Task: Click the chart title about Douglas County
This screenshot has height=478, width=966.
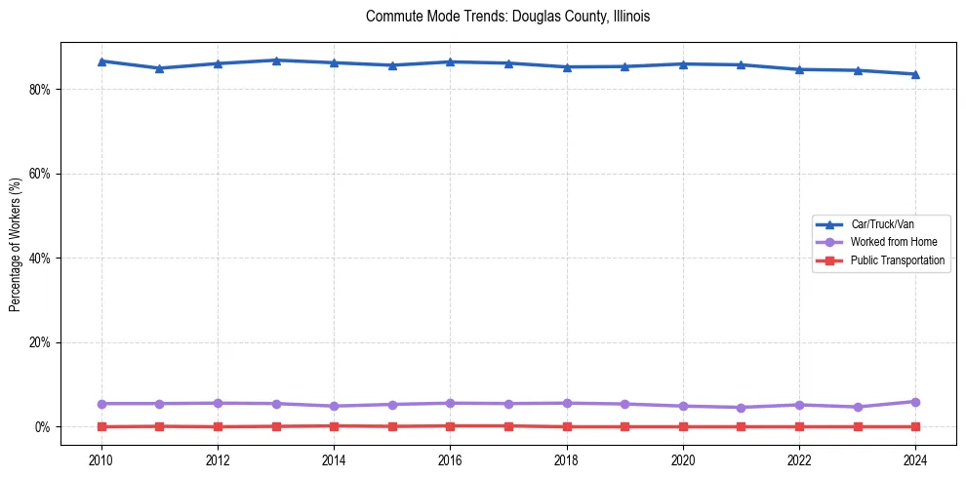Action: pos(507,17)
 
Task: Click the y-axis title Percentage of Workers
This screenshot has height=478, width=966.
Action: pos(16,245)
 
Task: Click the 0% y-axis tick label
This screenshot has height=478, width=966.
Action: pos(43,427)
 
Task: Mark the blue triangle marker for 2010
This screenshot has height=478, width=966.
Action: pos(101,60)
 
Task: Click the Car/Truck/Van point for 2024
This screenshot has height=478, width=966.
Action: pos(915,74)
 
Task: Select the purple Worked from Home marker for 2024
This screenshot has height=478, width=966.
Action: pos(915,402)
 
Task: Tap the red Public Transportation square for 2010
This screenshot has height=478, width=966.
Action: pos(101,426)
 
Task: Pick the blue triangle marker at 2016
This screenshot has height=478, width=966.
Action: pos(450,61)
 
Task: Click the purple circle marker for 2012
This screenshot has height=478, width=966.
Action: pos(218,403)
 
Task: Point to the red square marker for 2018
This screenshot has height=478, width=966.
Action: pos(567,426)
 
